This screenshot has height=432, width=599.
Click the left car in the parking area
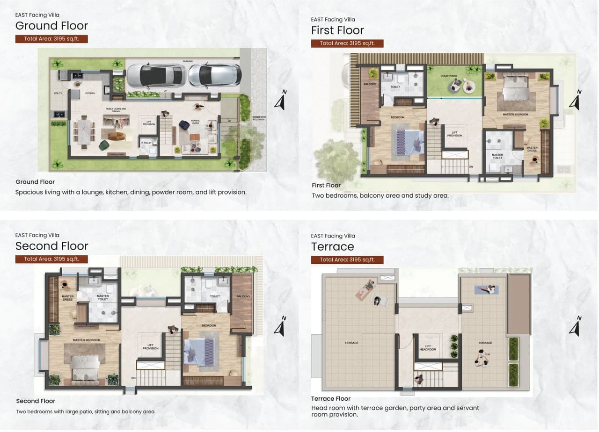(156, 75)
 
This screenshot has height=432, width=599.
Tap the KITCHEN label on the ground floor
(90, 93)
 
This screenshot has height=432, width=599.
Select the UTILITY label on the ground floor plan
(58, 94)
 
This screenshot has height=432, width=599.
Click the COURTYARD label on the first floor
(448, 76)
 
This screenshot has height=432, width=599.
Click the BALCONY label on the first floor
(370, 84)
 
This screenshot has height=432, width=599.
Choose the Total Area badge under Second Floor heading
(51, 259)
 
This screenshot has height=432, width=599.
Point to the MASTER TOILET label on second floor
(102, 297)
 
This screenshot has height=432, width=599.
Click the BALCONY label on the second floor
(243, 296)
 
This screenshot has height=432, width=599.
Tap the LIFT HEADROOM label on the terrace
(427, 348)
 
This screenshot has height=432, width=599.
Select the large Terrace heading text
(332, 246)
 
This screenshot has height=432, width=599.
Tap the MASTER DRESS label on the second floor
(68, 297)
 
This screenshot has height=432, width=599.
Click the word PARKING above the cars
(188, 61)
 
